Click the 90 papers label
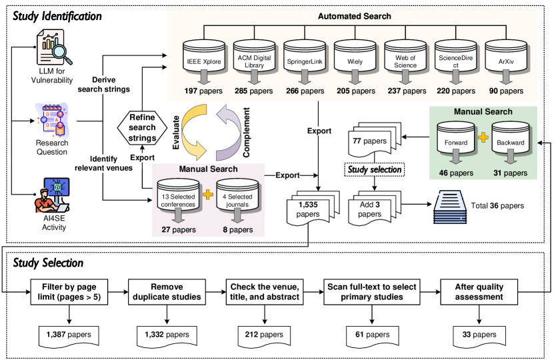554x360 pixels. tap(506, 91)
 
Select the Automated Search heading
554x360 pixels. tap(354, 16)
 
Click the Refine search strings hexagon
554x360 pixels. tap(142, 127)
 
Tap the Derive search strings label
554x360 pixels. tap(103, 85)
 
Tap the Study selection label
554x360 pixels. tap(375, 169)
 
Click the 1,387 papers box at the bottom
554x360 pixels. tap(69, 335)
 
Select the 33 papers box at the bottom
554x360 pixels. tap(479, 335)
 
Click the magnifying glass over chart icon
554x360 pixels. tap(53, 47)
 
